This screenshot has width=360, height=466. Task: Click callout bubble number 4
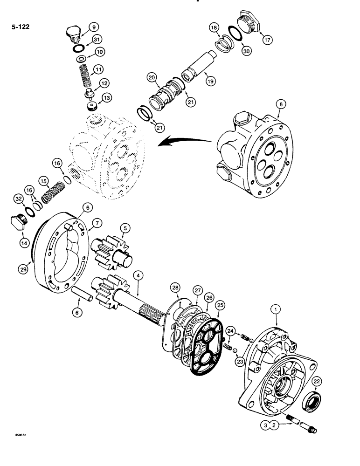pyautogui.click(x=138, y=275)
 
